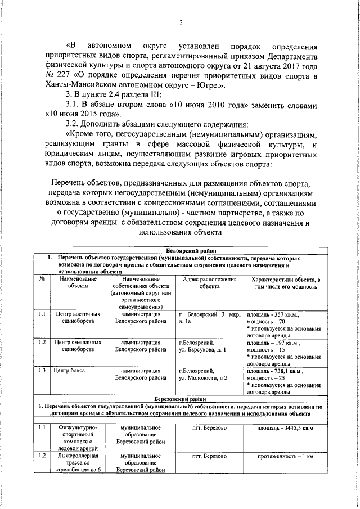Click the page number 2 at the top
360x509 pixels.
pos(181,22)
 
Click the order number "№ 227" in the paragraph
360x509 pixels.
pos(55,76)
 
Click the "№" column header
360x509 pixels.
pos(42,279)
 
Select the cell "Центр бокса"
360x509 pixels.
pos(71,371)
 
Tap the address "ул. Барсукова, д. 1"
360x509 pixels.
pos(202,349)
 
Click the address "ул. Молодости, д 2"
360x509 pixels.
pos(202,379)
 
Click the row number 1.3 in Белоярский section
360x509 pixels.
pos(42,371)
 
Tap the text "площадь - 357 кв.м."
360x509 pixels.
pos(273,315)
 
